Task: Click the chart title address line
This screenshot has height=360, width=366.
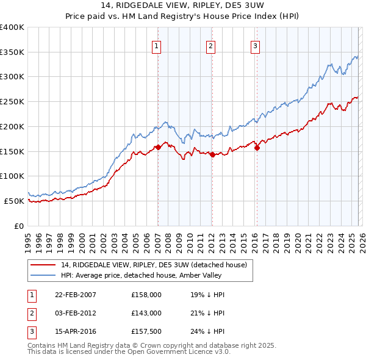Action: (x=183, y=5)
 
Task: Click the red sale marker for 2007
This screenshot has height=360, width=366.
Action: (x=158, y=147)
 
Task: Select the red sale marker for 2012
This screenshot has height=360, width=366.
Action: (x=212, y=154)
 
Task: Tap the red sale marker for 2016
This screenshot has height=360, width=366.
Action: (x=257, y=147)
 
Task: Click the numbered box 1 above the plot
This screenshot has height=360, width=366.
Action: (x=157, y=45)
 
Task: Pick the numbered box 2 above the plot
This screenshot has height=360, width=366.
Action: (x=210, y=45)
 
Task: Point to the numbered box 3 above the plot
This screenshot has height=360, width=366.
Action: (x=255, y=45)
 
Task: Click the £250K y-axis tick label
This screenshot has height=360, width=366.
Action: (x=12, y=101)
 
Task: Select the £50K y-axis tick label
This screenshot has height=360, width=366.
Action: (x=14, y=201)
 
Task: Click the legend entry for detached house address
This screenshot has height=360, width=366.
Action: (x=153, y=265)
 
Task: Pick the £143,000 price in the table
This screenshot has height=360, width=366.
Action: (x=146, y=312)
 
